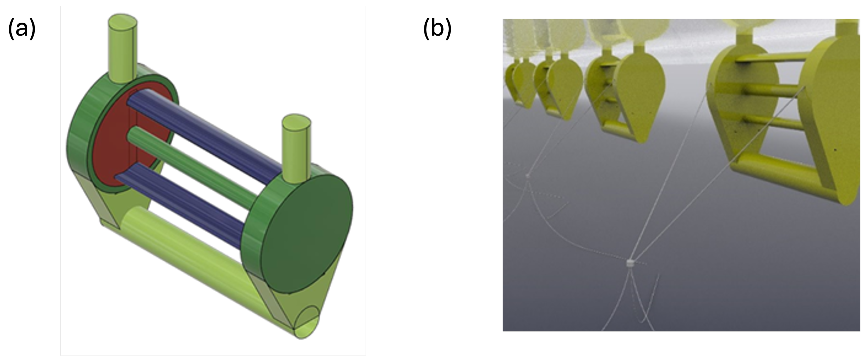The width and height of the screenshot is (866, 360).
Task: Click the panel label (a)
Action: coord(22,29)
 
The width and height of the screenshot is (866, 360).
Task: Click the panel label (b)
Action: coord(437,29)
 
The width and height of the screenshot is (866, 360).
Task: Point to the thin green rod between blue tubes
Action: coord(192,165)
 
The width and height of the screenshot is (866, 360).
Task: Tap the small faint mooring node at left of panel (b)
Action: coord(527,175)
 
